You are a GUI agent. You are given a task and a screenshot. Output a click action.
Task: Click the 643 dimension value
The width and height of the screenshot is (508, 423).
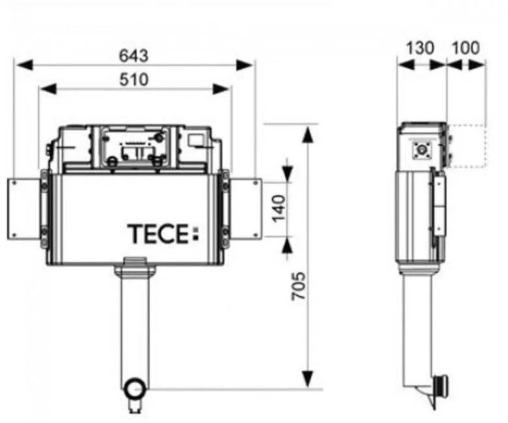click(134, 55)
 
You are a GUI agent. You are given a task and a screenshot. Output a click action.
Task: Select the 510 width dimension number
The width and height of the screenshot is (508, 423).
click(134, 80)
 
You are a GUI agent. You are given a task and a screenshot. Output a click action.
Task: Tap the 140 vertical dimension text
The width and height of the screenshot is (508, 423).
click(278, 208)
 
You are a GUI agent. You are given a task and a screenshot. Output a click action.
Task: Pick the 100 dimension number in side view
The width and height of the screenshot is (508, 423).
click(466, 48)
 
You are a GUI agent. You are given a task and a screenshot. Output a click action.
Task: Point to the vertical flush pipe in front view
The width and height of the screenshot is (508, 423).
click(135, 325)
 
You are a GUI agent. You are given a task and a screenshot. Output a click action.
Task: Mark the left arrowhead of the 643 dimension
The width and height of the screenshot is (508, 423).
click(21, 64)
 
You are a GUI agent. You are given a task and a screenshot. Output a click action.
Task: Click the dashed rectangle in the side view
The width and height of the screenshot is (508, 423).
click(467, 146)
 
